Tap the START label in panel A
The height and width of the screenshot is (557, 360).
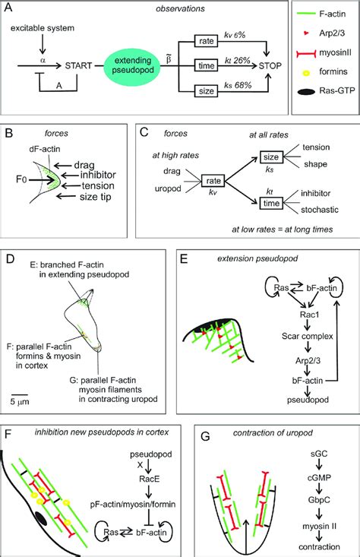81,64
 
